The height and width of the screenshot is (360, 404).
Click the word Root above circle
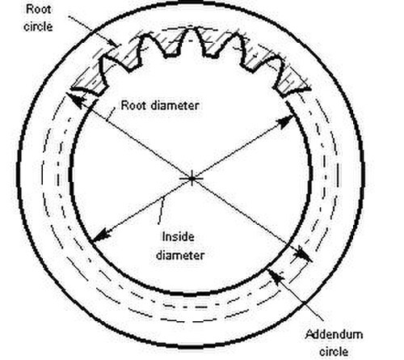click(38, 10)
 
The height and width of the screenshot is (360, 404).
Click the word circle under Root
click(38, 27)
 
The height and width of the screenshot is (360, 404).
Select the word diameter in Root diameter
click(175, 105)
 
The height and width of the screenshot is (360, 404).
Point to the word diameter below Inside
click(180, 255)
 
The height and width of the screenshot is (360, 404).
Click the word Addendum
click(334, 335)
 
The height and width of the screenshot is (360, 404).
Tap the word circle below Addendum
click(334, 352)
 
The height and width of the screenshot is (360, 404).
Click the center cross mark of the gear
click(191, 178)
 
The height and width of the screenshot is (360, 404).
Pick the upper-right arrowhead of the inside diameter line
click(285, 121)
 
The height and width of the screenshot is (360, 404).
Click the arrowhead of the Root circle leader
click(114, 43)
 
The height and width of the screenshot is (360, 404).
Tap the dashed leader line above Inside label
click(161, 211)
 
